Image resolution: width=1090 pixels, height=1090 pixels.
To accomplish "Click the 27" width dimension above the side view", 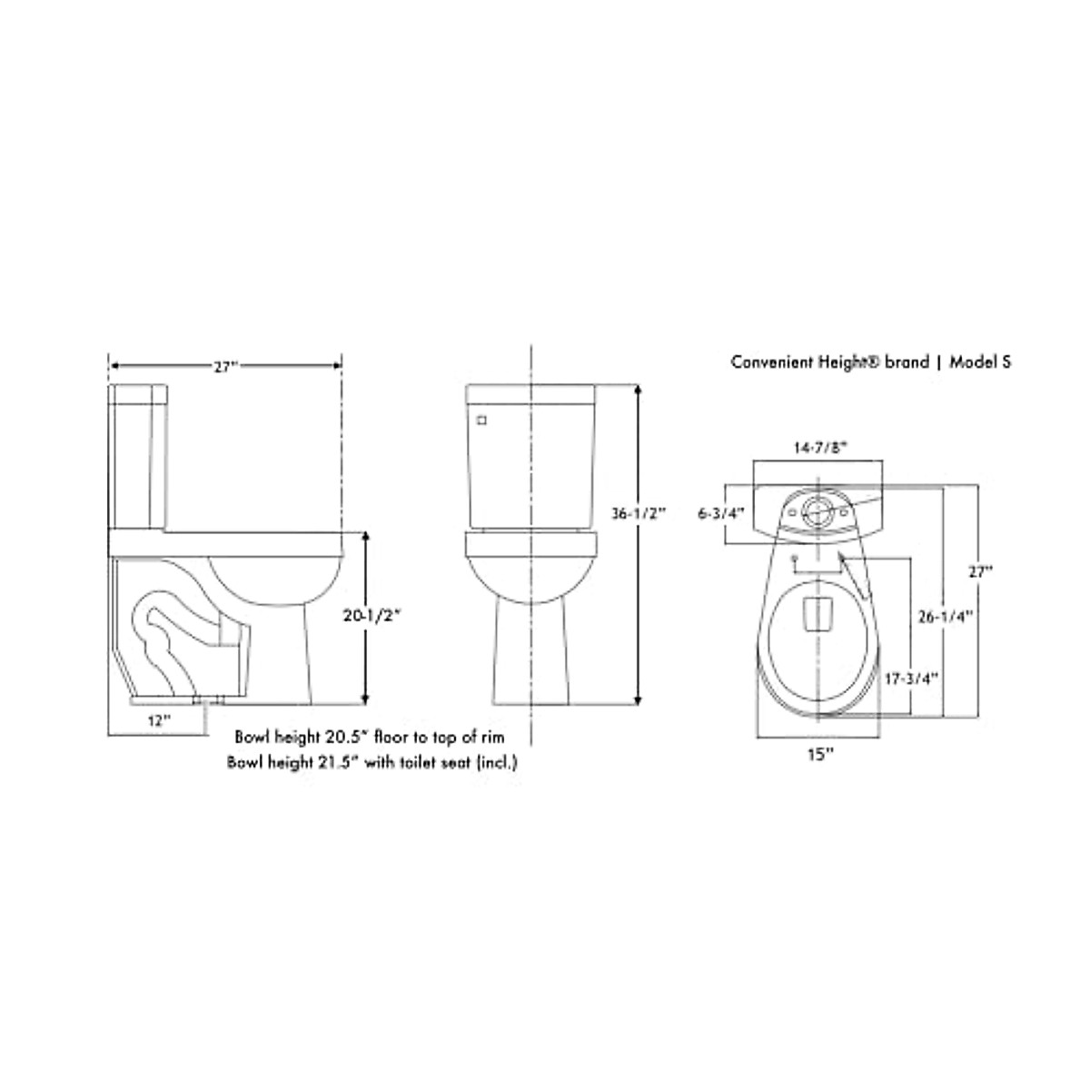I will pos(224,366).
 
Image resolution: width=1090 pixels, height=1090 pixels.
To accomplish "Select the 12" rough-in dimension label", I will pos(159,720).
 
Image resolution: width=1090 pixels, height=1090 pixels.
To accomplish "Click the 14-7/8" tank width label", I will pos(820,447).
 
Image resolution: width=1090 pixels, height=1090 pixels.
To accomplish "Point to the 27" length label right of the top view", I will pos(979,572).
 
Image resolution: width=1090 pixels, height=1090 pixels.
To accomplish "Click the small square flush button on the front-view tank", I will pos(482,421).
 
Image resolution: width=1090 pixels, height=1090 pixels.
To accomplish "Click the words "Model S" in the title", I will pos(981,362).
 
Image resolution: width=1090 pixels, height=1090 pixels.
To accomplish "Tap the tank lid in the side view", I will pos(139,393).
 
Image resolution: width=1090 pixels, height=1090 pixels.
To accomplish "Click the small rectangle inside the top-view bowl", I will pos(819,612).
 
